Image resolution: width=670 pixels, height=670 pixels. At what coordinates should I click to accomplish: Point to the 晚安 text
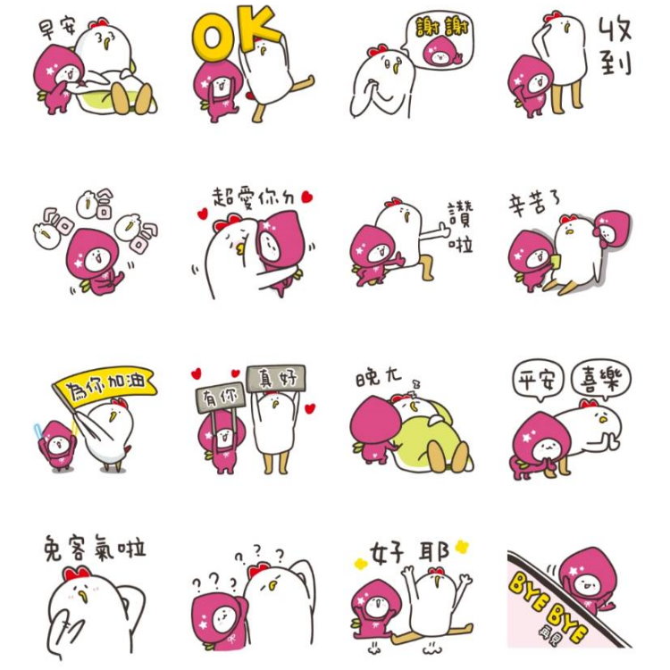tap(379, 377)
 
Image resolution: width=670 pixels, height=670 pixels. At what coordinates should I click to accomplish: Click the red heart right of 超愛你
tap(307, 196)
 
